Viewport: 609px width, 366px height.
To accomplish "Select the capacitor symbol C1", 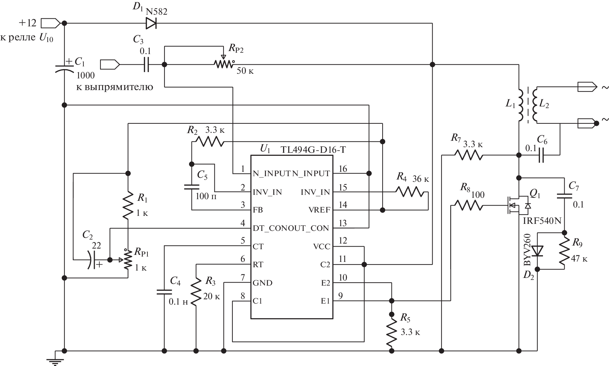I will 64,68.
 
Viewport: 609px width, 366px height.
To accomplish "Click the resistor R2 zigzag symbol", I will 209,141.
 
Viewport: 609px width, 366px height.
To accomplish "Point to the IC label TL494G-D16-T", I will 313,150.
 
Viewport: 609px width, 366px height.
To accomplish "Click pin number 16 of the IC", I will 343,169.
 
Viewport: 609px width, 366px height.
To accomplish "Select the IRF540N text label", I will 540,221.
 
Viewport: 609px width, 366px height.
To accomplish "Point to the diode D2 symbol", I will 537,251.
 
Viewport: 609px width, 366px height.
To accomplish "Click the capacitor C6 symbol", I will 541,155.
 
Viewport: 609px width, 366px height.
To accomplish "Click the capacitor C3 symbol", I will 146,64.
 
